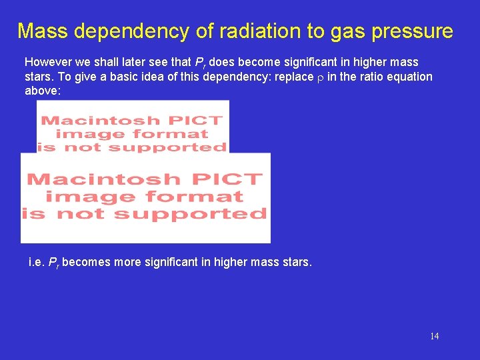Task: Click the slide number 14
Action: pyautogui.click(x=434, y=336)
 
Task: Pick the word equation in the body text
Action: pyautogui.click(x=410, y=77)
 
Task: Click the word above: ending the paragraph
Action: pyautogui.click(x=43, y=91)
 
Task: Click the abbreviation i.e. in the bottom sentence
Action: pyautogui.click(x=37, y=262)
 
